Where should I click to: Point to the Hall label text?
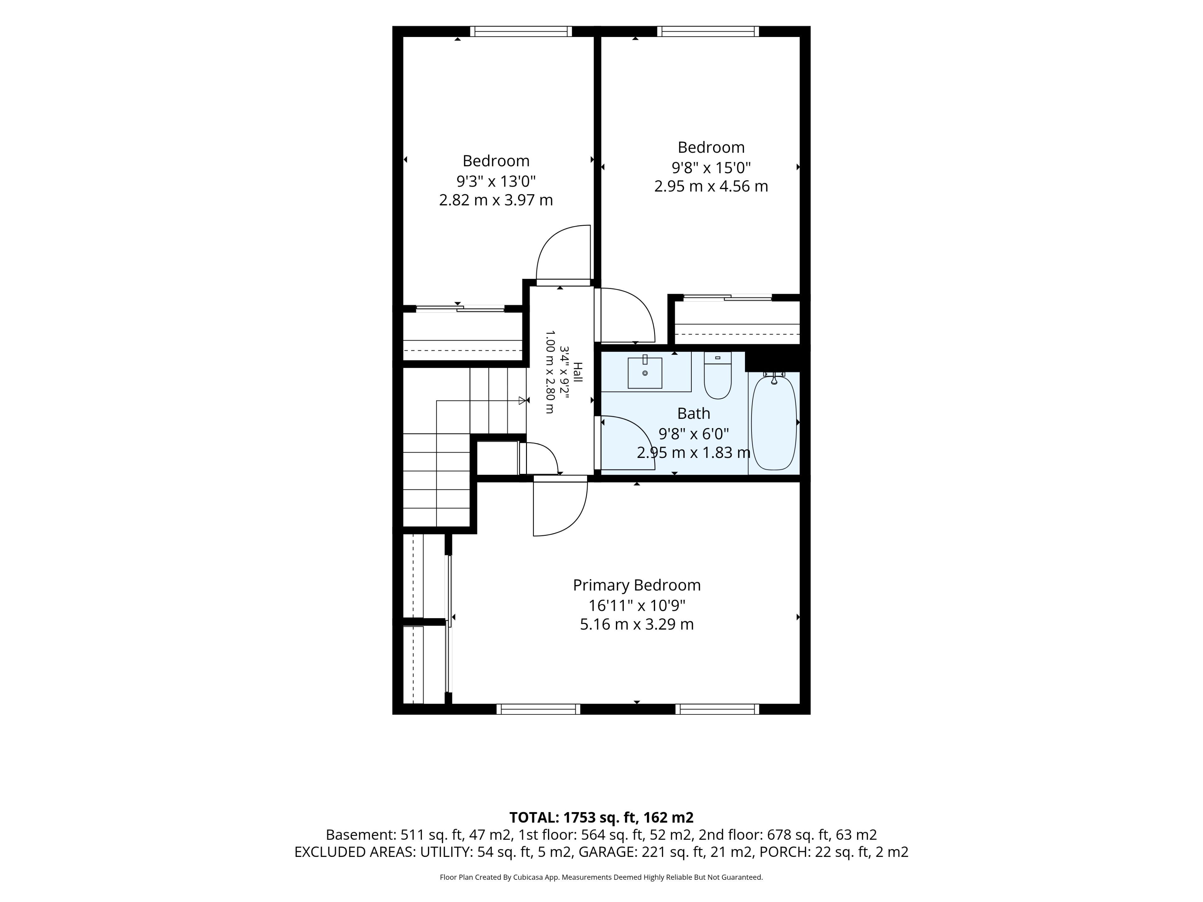point(578,372)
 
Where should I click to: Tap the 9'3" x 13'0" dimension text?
point(496,180)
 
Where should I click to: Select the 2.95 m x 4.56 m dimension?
point(711,186)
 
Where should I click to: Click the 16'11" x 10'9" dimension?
point(637,605)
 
